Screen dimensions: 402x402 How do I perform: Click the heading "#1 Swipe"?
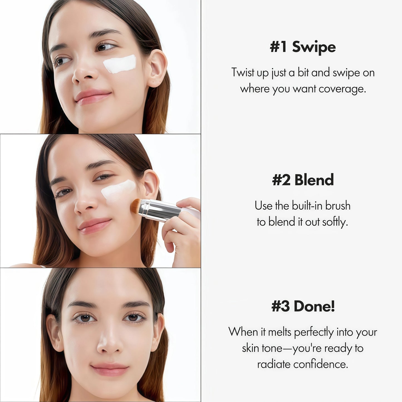(x=303, y=47)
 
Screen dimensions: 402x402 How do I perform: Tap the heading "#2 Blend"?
(x=303, y=180)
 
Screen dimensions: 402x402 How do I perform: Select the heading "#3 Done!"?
(x=303, y=306)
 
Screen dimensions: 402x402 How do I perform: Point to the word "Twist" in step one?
(x=243, y=73)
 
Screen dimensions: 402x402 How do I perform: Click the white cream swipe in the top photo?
(x=120, y=64)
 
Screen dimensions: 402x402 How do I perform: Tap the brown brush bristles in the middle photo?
(x=136, y=206)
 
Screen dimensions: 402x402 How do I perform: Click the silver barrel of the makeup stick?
(x=159, y=210)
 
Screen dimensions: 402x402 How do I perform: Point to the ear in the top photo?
(x=157, y=68)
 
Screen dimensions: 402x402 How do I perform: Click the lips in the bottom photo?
(x=110, y=369)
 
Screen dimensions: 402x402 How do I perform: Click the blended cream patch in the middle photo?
(x=118, y=191)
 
